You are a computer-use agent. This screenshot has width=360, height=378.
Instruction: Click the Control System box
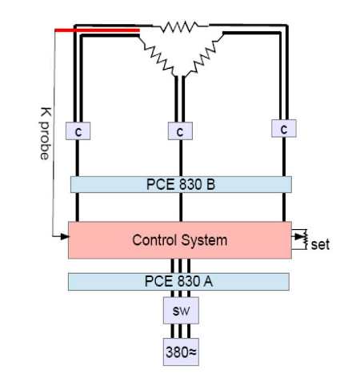(180, 240)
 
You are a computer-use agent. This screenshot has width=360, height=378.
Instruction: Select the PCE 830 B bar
(181, 184)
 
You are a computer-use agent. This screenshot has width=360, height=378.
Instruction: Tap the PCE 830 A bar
(178, 282)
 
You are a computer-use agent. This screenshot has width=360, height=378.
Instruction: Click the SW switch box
(181, 311)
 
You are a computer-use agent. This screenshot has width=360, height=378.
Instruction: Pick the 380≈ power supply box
(181, 352)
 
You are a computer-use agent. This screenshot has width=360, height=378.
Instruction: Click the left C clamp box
(78, 131)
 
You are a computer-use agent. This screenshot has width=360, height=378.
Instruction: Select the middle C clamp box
(180, 131)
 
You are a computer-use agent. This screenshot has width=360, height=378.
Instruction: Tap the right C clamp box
(284, 128)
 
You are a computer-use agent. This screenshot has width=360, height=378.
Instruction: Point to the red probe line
(97, 30)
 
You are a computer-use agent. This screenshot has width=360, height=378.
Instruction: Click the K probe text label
(45, 133)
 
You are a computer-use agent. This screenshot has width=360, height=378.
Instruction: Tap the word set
(320, 245)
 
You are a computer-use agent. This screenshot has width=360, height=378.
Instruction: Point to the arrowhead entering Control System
(65, 236)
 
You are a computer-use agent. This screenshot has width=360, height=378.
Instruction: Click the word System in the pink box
(204, 240)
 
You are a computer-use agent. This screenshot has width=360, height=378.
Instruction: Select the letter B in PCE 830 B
(210, 184)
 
